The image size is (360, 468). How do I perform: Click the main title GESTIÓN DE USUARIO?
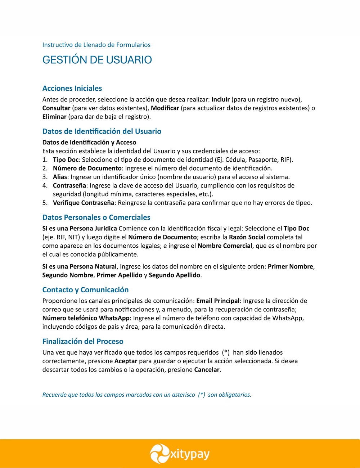coord(97,60)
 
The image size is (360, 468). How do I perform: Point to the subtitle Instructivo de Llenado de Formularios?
coord(96,45)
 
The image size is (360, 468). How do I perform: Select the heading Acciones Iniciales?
coord(72,89)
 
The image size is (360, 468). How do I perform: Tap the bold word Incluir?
coord(220,99)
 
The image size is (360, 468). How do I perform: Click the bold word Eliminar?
coord(54,117)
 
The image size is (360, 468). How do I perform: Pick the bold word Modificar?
coord(165,108)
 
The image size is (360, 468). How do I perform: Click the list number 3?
coord(45,177)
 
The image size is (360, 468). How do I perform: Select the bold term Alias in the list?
coord(60,177)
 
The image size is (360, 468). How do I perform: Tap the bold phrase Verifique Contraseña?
coord(84,203)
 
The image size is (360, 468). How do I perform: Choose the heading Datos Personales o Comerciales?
coord(96,217)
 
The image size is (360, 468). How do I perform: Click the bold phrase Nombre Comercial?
coord(225,246)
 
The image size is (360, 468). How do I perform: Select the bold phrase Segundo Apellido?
coord(175,275)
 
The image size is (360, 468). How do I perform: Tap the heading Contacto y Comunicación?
coord(85,290)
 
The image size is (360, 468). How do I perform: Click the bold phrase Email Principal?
coord(218,301)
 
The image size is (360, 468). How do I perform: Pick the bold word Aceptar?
coord(126,361)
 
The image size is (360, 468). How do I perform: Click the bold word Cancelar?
coord(207,370)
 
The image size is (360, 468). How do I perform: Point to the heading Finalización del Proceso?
coord(83,341)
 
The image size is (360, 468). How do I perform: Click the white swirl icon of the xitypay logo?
coord(159,454)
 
